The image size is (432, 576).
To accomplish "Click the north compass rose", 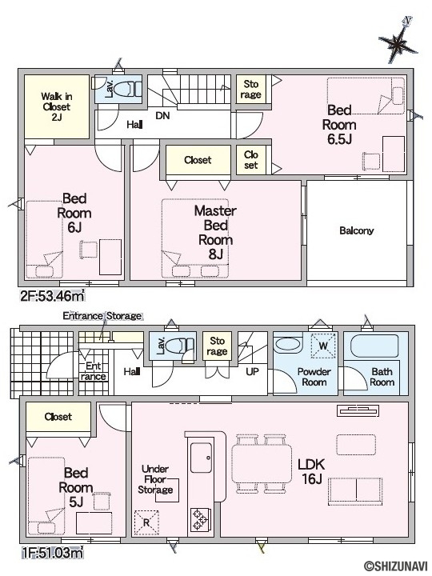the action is point(398,43).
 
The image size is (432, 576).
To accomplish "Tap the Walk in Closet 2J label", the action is point(57,107).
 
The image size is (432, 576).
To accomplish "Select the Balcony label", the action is point(356,230).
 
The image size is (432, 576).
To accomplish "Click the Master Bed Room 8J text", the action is point(215,232).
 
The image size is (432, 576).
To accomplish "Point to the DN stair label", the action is point(162,115).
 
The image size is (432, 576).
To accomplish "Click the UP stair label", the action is point(252,372).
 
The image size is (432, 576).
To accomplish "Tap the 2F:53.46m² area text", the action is point(53,296).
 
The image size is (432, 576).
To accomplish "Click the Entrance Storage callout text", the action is point(102,316).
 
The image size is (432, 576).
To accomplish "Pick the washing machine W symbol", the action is point(323,346).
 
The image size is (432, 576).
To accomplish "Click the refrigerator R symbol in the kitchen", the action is point(146,522).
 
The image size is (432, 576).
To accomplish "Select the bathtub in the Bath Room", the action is point(374,346).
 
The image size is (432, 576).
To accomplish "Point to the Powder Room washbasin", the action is point(288,345).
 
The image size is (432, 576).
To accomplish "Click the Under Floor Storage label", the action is point(155,479).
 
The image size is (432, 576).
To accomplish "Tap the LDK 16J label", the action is point(311,471).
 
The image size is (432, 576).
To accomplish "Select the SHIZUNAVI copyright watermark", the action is point(396,566).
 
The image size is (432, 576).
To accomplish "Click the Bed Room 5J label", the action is point(76,487).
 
